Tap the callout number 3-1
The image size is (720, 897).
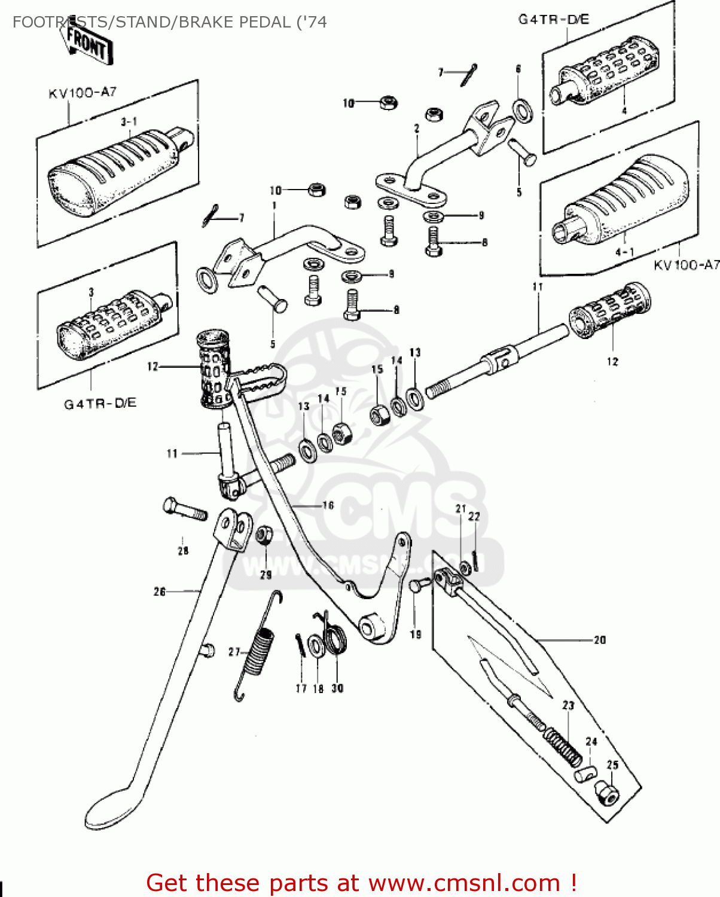[x=129, y=121]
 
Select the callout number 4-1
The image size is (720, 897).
[x=624, y=252]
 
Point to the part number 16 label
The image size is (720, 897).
[x=328, y=505]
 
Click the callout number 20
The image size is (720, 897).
[x=599, y=640]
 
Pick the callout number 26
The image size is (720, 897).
[x=159, y=591]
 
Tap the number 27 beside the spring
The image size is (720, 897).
[x=234, y=652]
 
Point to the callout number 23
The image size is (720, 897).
[x=568, y=706]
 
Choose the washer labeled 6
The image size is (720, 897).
[x=524, y=111]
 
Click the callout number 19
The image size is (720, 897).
[x=415, y=634]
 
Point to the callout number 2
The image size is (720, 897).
[x=416, y=128]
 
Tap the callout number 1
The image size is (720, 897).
[x=274, y=206]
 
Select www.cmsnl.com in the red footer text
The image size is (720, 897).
[x=463, y=883]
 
